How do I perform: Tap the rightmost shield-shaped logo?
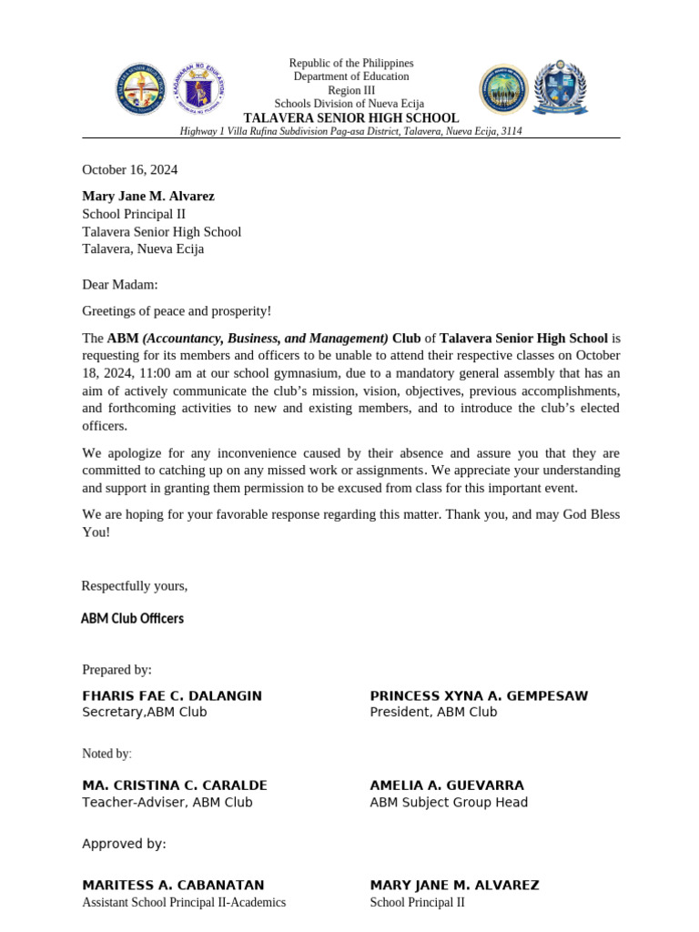point(560,88)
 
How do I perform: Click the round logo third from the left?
point(503,88)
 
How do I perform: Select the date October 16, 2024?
point(130,169)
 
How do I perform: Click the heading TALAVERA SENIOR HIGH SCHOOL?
point(350,118)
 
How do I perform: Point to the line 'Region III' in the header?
point(350,91)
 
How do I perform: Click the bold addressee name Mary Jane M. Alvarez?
point(148,196)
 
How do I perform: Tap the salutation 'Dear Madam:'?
point(120,285)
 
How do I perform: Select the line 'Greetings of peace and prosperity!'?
point(177,311)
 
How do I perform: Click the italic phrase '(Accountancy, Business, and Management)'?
point(265,338)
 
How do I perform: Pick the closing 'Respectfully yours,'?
point(135,585)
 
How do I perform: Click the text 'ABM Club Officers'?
point(132,618)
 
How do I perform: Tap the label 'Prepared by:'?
point(116,670)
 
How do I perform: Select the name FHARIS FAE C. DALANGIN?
point(172,695)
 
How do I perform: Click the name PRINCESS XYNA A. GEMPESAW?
point(479,695)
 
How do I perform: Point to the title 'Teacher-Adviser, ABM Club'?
point(167,802)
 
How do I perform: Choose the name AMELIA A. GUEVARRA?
point(447,785)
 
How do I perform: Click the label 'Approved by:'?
point(124,844)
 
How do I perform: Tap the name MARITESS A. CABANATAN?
point(173,885)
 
